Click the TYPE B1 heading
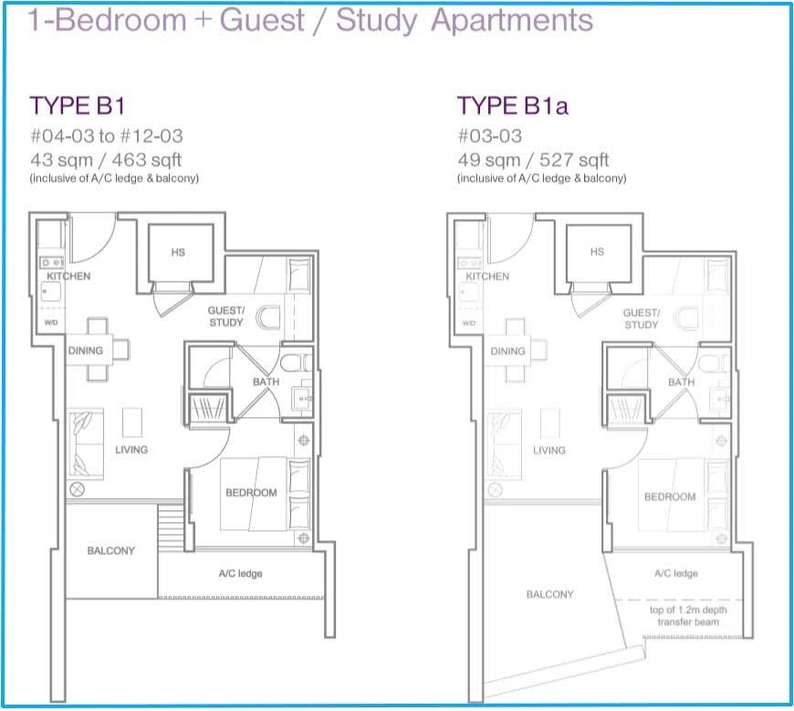tap(77, 106)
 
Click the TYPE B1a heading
tap(513, 106)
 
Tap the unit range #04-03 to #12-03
tap(107, 136)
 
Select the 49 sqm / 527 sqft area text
tap(533, 160)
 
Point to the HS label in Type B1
tap(178, 252)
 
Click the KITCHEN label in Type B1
tap(68, 276)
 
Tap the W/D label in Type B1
tap(51, 322)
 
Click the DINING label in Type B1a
tap(508, 351)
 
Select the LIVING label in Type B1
tap(131, 449)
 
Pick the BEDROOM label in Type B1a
tap(670, 497)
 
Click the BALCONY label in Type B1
tap(111, 550)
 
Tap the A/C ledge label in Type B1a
tap(676, 573)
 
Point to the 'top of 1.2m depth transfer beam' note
tap(688, 616)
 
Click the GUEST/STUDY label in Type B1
tap(226, 317)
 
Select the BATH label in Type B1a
tap(681, 382)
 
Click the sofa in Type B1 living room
tap(87, 444)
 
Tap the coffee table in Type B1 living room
tap(132, 423)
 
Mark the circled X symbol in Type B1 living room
tap(77, 490)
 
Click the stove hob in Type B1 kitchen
tap(52, 262)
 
